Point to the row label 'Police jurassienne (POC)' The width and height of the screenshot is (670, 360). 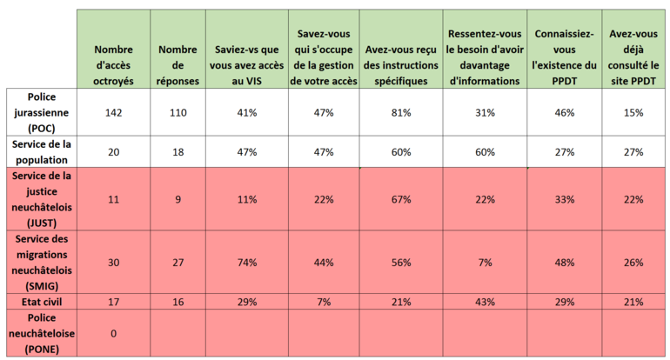[x=41, y=112]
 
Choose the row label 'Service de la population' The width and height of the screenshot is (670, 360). [x=41, y=152]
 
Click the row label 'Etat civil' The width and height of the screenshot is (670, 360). [x=41, y=302]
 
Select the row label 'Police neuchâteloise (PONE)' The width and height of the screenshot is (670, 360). [x=41, y=333]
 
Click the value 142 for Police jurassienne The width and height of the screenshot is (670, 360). [x=113, y=113]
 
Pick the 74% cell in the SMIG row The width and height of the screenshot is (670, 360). [x=247, y=263]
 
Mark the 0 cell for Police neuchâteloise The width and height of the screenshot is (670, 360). [x=113, y=333]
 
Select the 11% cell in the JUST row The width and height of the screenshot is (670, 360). [x=247, y=199]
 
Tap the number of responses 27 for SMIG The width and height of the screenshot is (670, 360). [x=178, y=263]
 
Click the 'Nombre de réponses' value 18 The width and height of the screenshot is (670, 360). [x=178, y=152]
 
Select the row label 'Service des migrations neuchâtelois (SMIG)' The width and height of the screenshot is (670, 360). [x=41, y=262]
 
